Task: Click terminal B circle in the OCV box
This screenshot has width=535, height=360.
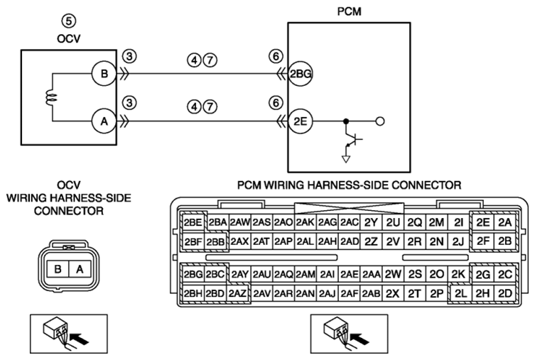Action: [x=104, y=74]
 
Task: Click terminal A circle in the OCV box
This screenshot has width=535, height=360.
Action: [x=104, y=121]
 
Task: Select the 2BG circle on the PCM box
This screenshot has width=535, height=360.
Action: [x=301, y=74]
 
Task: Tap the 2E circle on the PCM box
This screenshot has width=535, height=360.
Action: [x=301, y=121]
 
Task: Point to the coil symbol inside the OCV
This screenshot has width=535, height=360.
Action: [x=52, y=97]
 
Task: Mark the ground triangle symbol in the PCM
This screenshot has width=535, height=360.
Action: [x=346, y=159]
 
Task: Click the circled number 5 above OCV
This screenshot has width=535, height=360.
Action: [x=69, y=21]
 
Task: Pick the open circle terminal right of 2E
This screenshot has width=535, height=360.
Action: [x=379, y=121]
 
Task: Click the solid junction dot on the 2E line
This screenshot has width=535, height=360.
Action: [x=346, y=121]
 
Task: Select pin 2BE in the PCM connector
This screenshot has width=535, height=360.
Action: [x=193, y=222]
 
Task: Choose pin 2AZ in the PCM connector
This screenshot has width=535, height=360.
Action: [x=237, y=293]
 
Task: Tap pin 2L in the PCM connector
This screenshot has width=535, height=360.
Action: [x=460, y=293]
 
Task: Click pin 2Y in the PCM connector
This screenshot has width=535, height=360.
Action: [x=371, y=222]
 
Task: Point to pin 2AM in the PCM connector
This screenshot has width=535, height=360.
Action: [x=306, y=274]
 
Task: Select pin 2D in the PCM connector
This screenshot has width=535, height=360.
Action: [x=505, y=293]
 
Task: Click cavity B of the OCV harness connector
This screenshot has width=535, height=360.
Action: [x=58, y=269]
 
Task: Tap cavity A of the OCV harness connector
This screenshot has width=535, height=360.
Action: [x=80, y=269]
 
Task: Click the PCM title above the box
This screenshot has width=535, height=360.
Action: [x=349, y=11]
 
